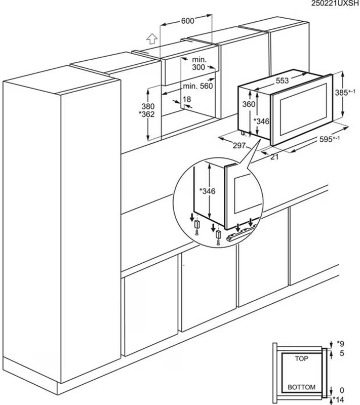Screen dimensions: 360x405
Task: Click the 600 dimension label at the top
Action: pos(187,21)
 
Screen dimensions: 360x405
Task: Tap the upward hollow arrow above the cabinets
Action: pos(152,39)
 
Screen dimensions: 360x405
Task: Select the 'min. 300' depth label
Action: pos(199,64)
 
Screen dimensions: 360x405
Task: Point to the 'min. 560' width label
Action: pos(198,86)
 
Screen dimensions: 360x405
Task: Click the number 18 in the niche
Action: pos(187,99)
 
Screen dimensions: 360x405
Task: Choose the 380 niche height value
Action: pos(148,106)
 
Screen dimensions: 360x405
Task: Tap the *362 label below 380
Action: pos(147,114)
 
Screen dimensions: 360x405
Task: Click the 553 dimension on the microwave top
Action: pos(282,81)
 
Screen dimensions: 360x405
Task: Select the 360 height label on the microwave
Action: pos(249,104)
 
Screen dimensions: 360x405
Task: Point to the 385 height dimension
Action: pos(345,92)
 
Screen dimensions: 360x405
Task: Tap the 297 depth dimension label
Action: pos(239,146)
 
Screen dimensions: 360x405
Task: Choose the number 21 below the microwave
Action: pos(274,156)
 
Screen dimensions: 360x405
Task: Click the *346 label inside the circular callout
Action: pos(208,191)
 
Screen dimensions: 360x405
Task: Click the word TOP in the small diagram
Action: pos(301,358)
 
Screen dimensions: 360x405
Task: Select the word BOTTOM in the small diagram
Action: pos(301,387)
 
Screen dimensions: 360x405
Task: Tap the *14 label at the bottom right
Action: pos(338,400)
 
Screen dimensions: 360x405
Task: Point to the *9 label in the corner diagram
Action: pos(340,344)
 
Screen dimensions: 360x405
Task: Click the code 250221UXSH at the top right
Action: pos(335,3)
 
